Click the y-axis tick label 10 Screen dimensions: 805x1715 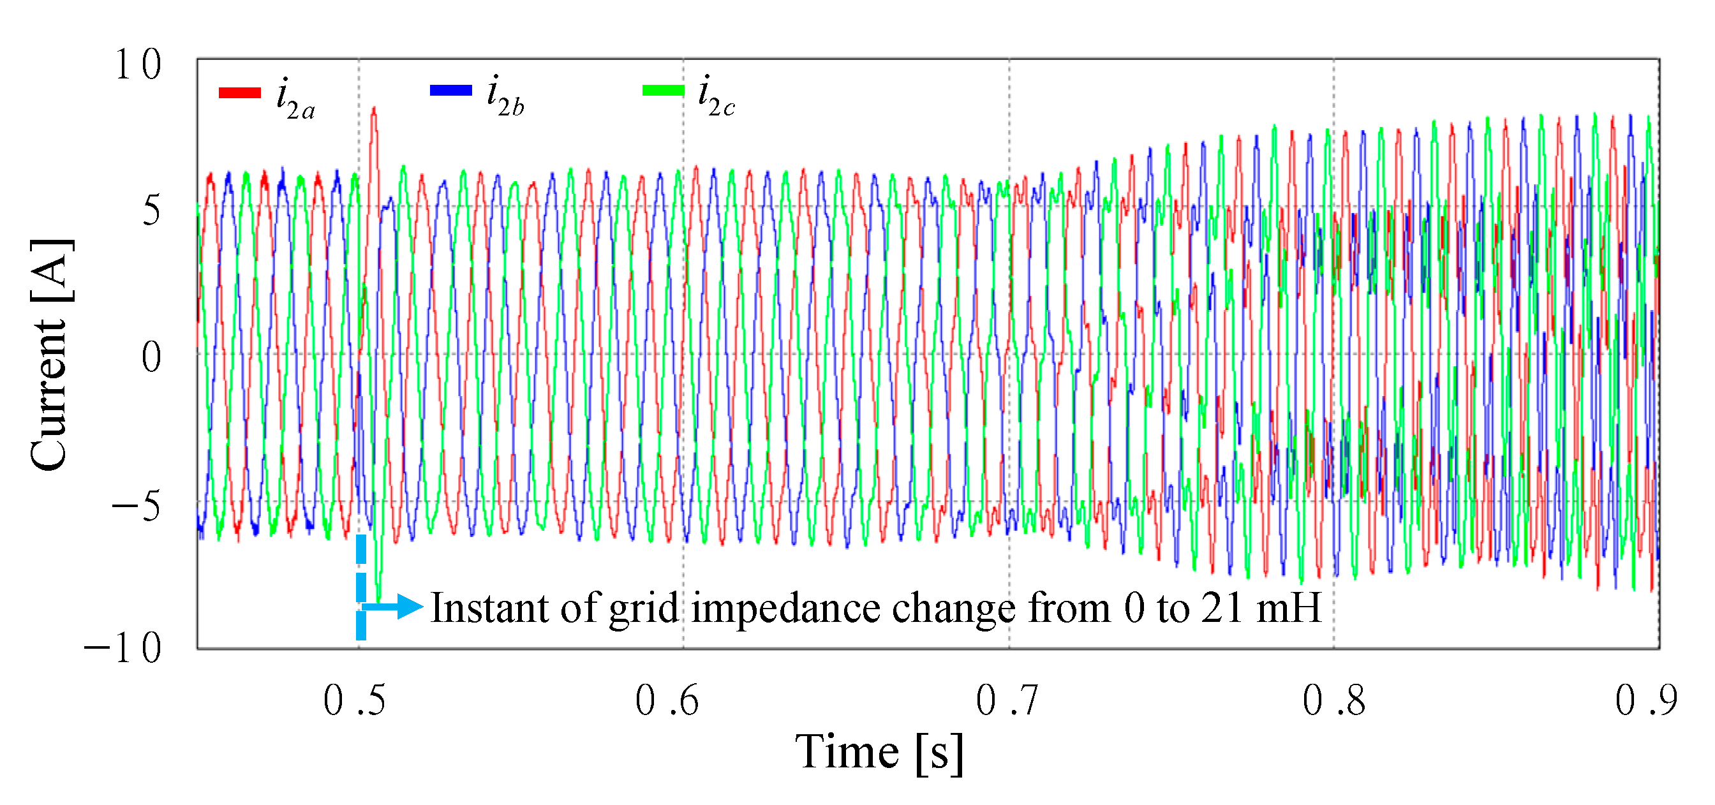(138, 65)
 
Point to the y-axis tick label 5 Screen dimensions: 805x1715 (151, 211)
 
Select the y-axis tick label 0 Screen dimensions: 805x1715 (151, 358)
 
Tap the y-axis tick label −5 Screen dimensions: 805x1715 (136, 506)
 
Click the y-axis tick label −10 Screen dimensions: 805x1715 (122, 648)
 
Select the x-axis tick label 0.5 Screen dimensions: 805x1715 (354, 700)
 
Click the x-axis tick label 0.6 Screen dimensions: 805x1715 (667, 700)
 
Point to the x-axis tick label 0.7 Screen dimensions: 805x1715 (1007, 700)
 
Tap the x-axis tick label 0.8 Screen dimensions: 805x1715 (1333, 700)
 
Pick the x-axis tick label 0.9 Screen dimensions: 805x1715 (1645, 700)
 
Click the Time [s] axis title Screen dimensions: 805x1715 (879, 753)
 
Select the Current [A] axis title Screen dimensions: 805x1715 (50, 355)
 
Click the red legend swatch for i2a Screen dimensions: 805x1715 (240, 93)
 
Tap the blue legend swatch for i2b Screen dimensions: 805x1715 (450, 91)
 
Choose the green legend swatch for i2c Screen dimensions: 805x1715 (663, 91)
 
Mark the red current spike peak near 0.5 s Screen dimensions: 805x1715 (374, 108)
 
